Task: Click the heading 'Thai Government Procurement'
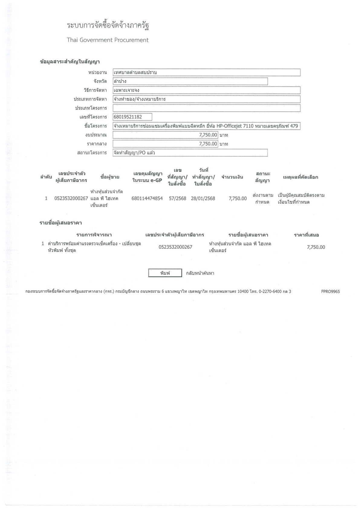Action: (x=108, y=40)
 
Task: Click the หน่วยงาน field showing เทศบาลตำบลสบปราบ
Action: (x=206, y=73)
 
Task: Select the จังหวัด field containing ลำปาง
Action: (x=190, y=81)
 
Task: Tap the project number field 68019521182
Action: (x=132, y=117)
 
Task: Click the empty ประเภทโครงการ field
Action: (x=206, y=108)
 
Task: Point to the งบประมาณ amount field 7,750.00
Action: (x=165, y=135)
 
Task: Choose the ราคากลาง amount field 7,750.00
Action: (x=165, y=144)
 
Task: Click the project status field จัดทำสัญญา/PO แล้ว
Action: (x=190, y=153)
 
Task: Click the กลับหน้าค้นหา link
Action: (x=200, y=273)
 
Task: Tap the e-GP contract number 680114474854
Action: (x=147, y=199)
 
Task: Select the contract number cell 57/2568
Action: (x=177, y=199)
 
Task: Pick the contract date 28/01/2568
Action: (x=203, y=199)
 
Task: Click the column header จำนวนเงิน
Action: (x=232, y=177)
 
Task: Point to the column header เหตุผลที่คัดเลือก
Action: (x=300, y=177)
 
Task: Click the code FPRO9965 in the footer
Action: (x=330, y=292)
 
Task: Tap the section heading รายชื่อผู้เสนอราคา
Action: (x=61, y=223)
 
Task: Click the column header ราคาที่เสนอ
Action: (x=306, y=235)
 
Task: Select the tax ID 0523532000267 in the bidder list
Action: (x=175, y=247)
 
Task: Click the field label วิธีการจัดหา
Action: (x=95, y=90)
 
